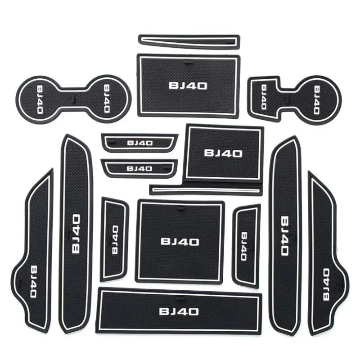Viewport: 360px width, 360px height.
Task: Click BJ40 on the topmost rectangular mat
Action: click(188, 85)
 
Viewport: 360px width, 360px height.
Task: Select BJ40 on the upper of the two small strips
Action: click(139, 143)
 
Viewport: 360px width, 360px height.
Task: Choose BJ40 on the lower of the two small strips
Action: click(139, 169)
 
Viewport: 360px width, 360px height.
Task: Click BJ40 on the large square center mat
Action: click(180, 242)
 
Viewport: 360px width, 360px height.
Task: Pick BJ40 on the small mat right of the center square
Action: click(244, 246)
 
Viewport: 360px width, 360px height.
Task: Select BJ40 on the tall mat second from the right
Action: click(285, 235)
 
